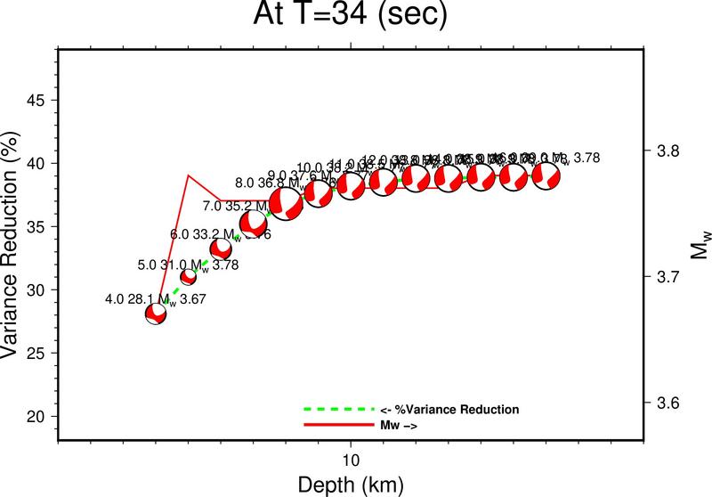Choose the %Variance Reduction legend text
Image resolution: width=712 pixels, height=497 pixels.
click(x=449, y=410)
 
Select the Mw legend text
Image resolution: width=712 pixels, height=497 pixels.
click(x=400, y=427)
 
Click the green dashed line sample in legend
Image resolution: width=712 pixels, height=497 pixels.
click(x=338, y=410)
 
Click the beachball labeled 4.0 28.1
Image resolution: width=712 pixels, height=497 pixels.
click(x=157, y=314)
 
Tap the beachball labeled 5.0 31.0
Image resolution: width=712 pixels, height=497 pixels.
click(x=189, y=277)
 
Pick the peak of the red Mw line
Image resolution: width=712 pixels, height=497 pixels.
click(x=189, y=175)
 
